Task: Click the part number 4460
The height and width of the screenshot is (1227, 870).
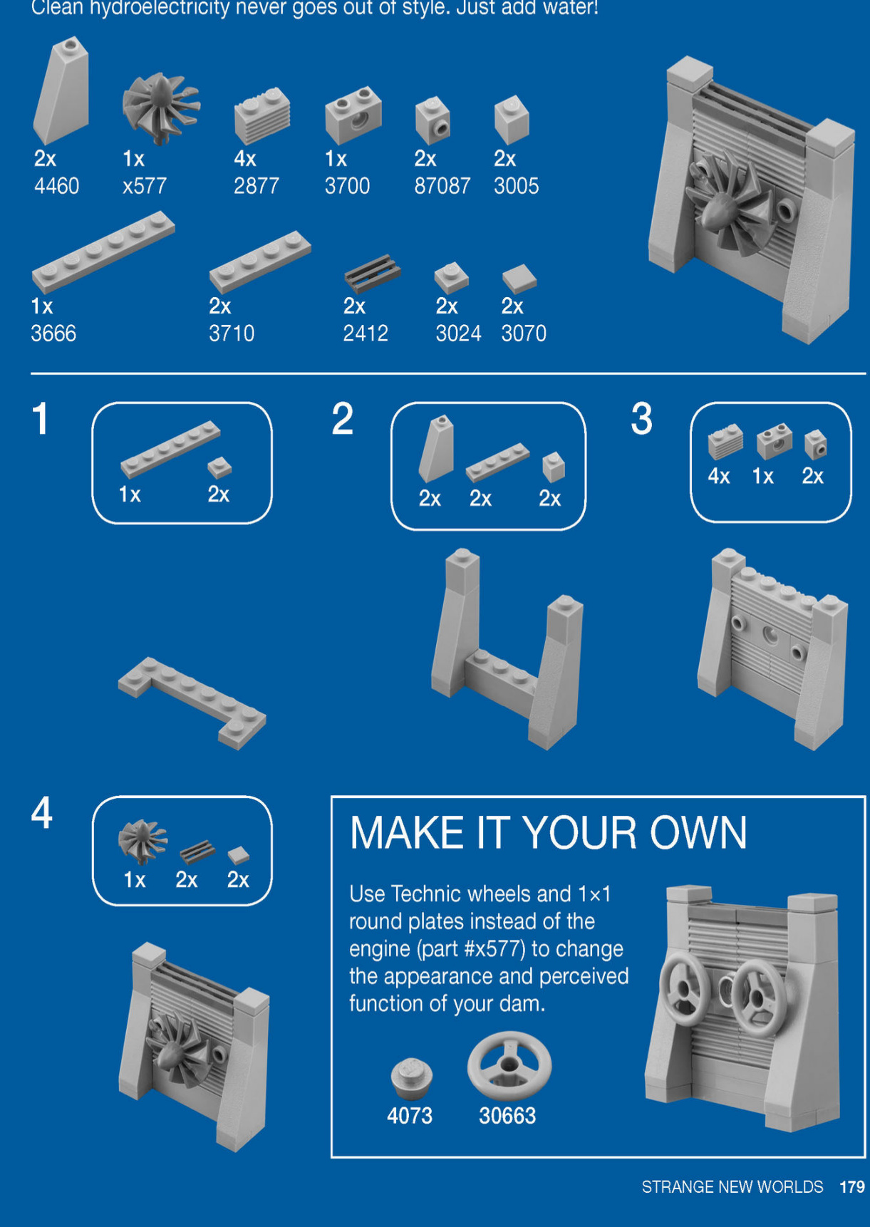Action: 57,187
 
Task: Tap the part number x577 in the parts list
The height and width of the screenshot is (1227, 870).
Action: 145,187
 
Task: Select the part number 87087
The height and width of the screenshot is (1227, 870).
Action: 442,187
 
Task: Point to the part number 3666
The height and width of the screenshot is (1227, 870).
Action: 53,333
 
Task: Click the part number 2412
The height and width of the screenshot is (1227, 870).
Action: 366,333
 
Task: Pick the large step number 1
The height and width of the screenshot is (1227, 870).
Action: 41,418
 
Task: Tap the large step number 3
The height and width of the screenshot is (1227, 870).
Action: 641,418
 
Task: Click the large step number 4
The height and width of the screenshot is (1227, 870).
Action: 41,812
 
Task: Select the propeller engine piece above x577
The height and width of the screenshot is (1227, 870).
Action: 161,104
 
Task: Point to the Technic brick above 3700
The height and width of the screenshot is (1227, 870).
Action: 353,114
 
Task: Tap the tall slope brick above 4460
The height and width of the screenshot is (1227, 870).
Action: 61,90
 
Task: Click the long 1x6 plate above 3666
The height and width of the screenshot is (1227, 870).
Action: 103,252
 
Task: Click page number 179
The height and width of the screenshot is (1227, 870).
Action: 852,1187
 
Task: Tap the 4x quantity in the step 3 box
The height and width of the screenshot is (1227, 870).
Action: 719,476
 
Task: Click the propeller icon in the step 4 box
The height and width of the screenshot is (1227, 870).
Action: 143,842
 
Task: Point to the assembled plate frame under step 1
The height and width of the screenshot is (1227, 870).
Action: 192,703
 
